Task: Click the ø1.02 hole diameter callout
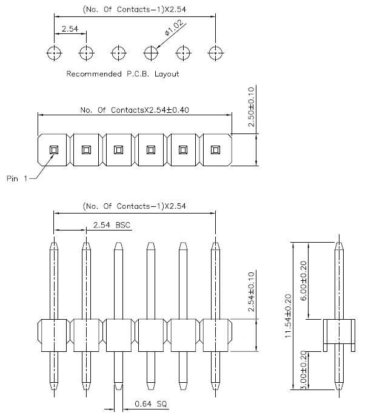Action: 174,28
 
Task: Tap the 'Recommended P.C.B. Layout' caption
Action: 122,74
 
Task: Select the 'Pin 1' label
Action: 17,178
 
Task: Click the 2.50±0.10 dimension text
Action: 251,107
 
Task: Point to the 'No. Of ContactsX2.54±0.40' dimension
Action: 135,110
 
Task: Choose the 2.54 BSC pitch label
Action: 112,225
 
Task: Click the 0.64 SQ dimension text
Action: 151,403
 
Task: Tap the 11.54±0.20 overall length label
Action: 288,316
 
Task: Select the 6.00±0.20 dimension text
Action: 303,280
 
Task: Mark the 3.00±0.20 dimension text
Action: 303,370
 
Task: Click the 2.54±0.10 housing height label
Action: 251,292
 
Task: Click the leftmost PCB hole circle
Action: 54,53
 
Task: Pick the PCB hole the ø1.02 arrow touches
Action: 151,53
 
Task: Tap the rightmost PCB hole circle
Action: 215,53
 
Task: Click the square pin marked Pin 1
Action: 54,150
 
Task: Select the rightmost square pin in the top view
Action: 215,150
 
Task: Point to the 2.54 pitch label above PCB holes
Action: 70,29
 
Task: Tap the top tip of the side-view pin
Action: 339,242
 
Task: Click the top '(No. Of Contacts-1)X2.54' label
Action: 135,9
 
